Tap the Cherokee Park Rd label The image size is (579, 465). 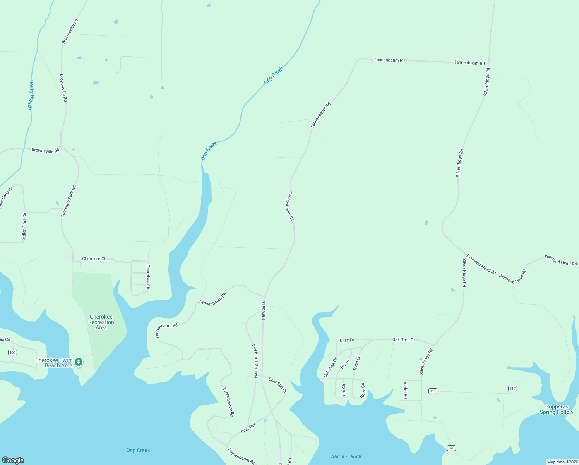(69, 201)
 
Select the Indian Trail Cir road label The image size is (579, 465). (24, 226)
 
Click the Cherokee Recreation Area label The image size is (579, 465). (101, 322)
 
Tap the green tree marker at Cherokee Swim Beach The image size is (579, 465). (79, 362)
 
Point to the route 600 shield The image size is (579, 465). (13, 352)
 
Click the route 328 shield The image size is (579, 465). (451, 448)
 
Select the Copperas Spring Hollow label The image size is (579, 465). (557, 409)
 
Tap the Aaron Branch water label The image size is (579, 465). (346, 456)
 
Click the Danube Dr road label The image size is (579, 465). (263, 310)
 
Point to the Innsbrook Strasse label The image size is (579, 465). (255, 361)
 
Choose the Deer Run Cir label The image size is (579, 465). (278, 386)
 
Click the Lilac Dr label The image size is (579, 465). (347, 340)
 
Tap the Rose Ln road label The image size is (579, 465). (357, 363)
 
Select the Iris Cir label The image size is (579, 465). (344, 390)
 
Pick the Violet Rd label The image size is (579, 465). (406, 390)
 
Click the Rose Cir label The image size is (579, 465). (363, 390)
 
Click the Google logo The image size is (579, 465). (13, 460)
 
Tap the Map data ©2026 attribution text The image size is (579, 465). (562, 462)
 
